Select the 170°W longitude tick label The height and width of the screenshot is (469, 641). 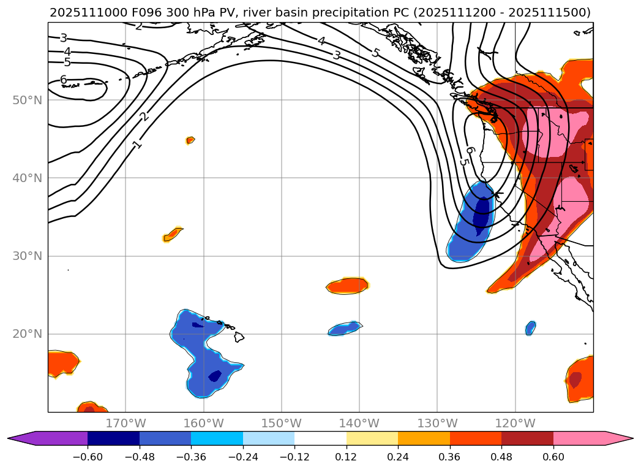126,423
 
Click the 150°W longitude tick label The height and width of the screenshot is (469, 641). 281,423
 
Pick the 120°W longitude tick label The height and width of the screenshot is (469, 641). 515,423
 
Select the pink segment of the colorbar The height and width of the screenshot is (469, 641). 579,438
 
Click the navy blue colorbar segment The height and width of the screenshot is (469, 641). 113,438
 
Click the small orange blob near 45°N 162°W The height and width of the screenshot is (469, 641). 190,140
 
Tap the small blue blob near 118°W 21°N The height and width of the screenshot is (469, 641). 530,328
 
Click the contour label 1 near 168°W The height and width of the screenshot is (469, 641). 138,144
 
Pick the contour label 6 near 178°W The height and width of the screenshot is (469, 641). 63,80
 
